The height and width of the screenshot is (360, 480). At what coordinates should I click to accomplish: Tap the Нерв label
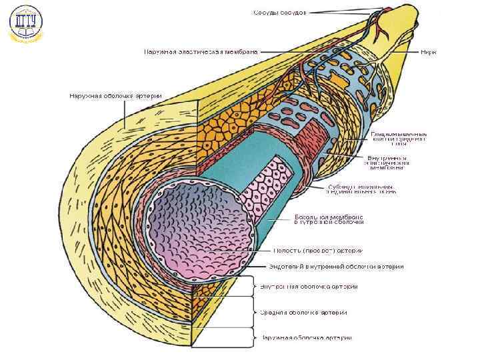pyautogui.click(x=429, y=51)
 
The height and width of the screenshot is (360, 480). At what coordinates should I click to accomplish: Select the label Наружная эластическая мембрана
pyautogui.click(x=201, y=51)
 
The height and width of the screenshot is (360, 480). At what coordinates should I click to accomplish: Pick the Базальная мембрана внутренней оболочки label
pyautogui.click(x=329, y=220)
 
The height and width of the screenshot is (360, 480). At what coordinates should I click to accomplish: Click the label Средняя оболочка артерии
pyautogui.click(x=303, y=312)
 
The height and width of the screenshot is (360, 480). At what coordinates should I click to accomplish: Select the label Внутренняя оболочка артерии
pyautogui.click(x=309, y=287)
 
